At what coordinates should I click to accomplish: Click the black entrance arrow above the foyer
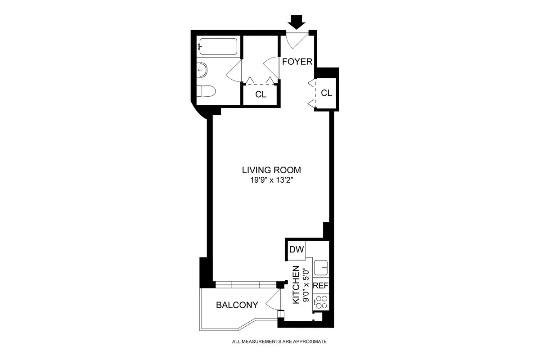click(297, 21)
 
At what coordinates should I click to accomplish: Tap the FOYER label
click(297, 62)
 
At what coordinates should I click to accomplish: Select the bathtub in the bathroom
click(218, 47)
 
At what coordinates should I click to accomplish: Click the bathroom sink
click(203, 69)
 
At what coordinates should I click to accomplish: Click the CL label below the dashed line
click(261, 94)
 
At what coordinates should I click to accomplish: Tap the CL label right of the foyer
click(326, 93)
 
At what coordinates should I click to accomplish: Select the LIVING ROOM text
click(271, 171)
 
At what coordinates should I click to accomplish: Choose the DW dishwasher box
click(297, 250)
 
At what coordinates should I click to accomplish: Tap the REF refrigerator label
click(321, 285)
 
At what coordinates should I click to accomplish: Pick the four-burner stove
click(321, 301)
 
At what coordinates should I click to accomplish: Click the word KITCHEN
click(296, 284)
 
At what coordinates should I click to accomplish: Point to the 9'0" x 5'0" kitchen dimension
click(306, 284)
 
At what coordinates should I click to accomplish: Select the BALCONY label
click(237, 305)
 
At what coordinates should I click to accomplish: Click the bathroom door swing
click(235, 71)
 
